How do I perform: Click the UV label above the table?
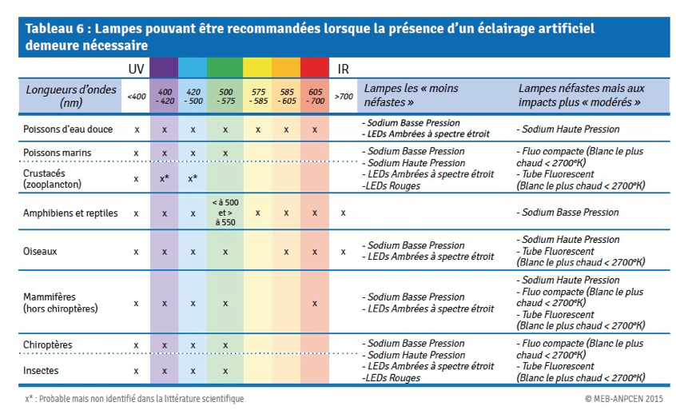click(136, 69)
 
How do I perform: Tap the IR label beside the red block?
click(343, 69)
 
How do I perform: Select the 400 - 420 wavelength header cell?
click(165, 96)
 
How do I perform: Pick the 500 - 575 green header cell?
click(225, 96)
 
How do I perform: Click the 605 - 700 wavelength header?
click(315, 96)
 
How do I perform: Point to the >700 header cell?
click(344, 96)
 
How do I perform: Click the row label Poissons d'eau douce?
click(68, 129)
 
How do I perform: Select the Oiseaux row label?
click(40, 251)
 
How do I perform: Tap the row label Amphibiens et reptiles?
click(70, 213)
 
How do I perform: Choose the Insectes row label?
click(41, 370)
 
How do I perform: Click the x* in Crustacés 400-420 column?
click(165, 178)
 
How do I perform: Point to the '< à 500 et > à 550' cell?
click(225, 212)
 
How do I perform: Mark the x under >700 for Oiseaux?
click(343, 252)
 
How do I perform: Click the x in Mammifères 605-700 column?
click(315, 304)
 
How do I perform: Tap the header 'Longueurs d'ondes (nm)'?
click(70, 96)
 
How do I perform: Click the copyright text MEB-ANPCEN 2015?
click(623, 398)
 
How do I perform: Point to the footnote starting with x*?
click(134, 399)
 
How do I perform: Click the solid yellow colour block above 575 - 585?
click(257, 68)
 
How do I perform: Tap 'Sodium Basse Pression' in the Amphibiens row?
click(568, 213)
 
